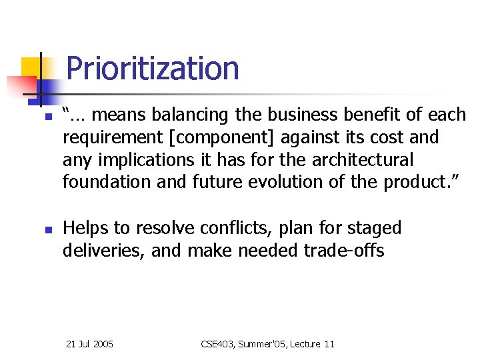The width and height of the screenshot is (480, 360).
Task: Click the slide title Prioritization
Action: pos(153,69)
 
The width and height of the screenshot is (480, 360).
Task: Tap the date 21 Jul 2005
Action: pos(90,344)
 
